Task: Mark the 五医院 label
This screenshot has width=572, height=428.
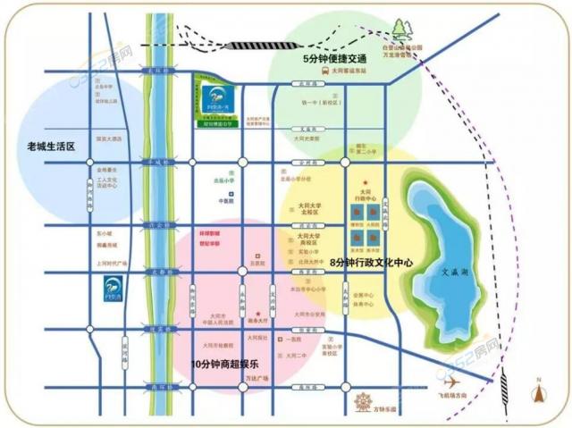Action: point(258,263)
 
